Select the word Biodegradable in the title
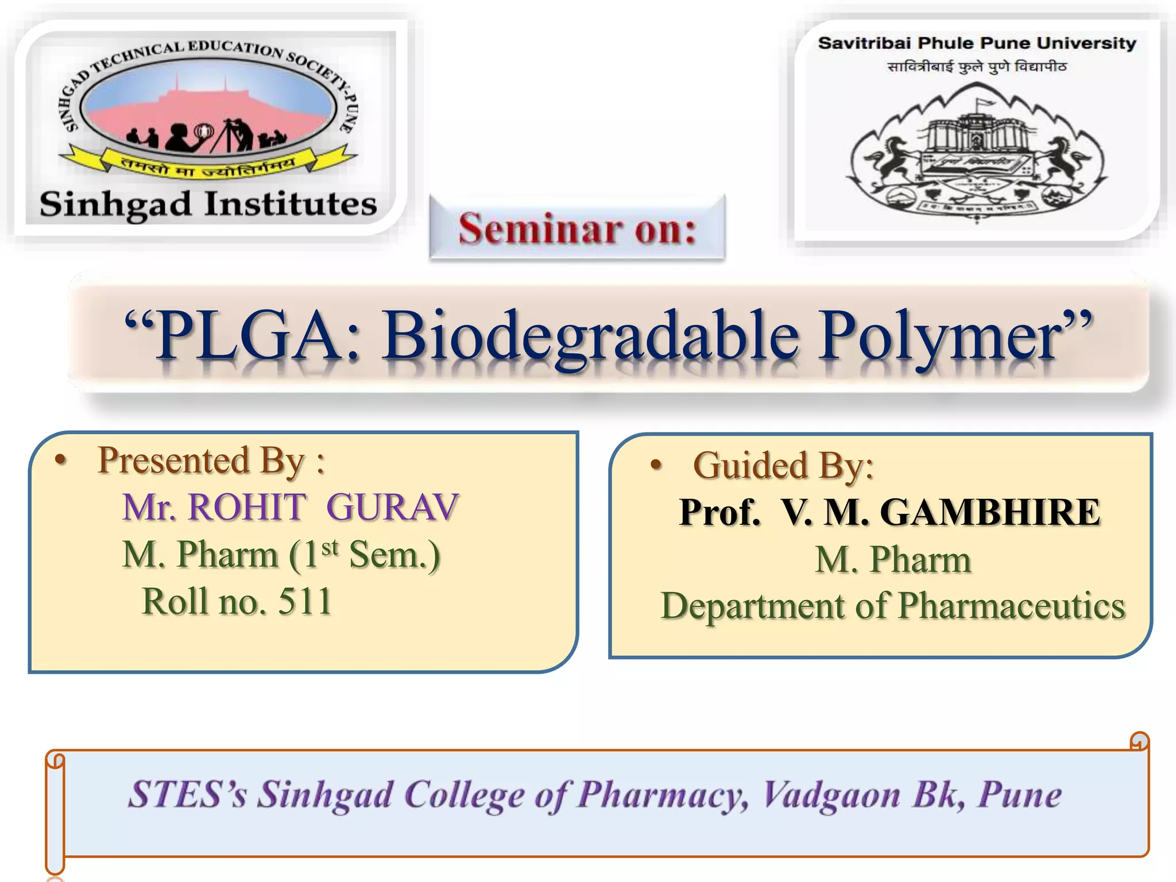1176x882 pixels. [x=591, y=336]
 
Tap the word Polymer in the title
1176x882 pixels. [x=942, y=336]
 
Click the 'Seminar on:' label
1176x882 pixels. [x=577, y=229]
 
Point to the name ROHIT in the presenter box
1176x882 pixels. [x=247, y=508]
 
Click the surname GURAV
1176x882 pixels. [x=393, y=508]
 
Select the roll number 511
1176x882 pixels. [x=305, y=602]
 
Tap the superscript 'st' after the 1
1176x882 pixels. [x=330, y=547]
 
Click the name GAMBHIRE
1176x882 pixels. [x=990, y=512]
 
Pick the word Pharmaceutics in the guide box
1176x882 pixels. [x=1011, y=606]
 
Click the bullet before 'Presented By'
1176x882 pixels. [x=61, y=461]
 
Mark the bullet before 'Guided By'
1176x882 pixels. [x=656, y=465]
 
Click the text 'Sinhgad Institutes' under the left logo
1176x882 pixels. [x=208, y=204]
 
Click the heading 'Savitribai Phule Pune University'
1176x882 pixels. [x=977, y=43]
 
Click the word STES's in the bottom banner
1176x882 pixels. [x=187, y=795]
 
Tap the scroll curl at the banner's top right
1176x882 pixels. [x=1139, y=741]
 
